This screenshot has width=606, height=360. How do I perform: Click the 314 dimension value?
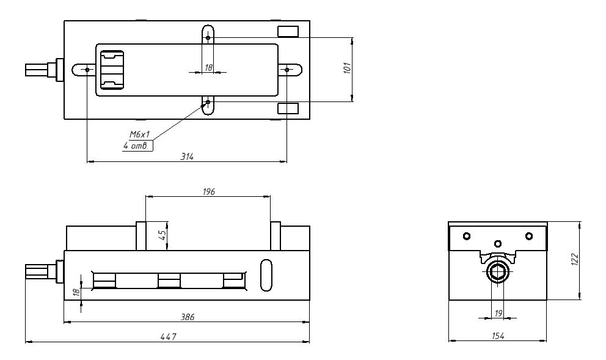click(187, 156)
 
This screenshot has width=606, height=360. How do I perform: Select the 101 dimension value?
click(348, 68)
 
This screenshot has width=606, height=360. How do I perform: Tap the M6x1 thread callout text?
click(139, 134)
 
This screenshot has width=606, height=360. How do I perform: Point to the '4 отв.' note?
click(136, 146)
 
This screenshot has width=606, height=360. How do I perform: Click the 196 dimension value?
click(209, 192)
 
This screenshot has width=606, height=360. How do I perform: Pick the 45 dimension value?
click(163, 235)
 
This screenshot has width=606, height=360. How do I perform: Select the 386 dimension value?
click(188, 317)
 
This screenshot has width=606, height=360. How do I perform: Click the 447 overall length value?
click(169, 337)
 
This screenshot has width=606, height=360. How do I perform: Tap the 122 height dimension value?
click(575, 259)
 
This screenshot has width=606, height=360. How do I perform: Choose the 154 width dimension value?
click(498, 336)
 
